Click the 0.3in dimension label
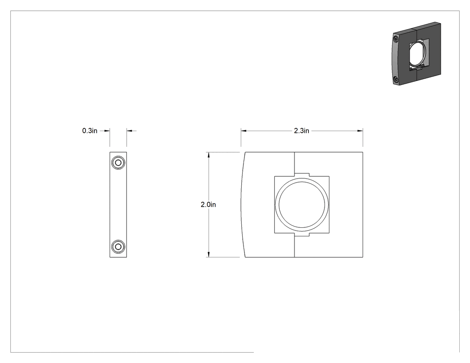[90, 131]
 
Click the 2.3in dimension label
[302, 131]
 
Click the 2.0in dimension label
[208, 205]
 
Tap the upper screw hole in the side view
[118, 163]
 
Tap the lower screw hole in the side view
[118, 247]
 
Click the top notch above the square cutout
[302, 175]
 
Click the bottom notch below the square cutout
[302, 235]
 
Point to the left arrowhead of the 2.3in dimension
[244, 131]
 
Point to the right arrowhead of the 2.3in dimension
[360, 131]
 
